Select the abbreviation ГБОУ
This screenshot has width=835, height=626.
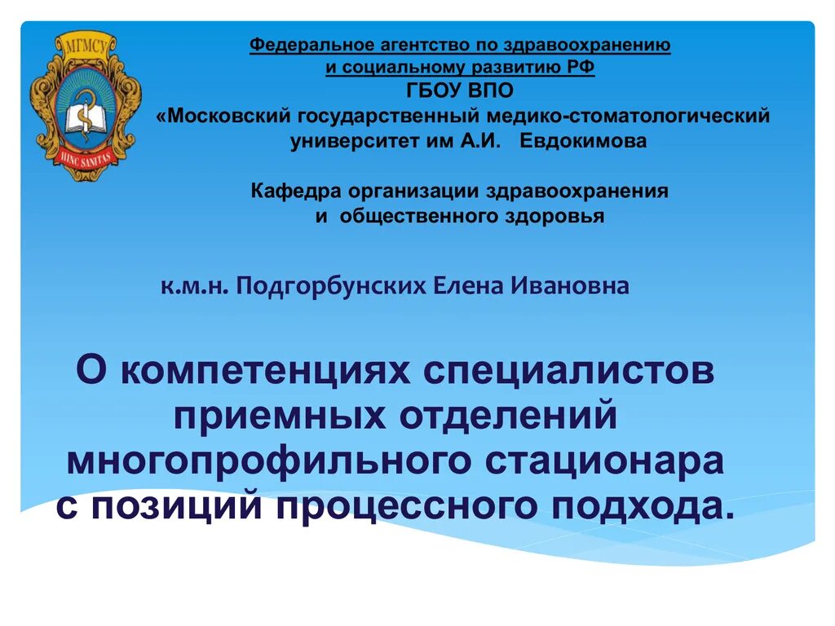click(435, 90)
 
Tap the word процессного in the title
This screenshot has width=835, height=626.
click(408, 506)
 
